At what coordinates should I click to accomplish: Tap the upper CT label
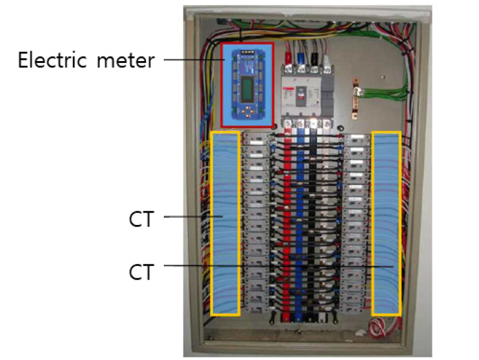[141, 219]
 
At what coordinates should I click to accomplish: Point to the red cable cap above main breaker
[289, 57]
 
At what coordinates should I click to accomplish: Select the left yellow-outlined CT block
[225, 223]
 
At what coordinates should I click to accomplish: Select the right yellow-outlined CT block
[387, 223]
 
